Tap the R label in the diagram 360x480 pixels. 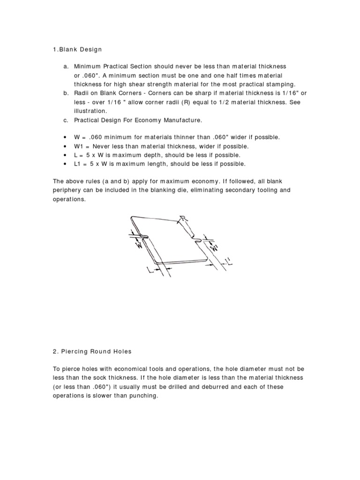point(184,218)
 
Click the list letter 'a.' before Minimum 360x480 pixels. point(67,67)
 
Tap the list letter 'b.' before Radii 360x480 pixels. point(67,93)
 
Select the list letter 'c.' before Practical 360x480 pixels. point(67,120)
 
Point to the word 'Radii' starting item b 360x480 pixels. point(82,93)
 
